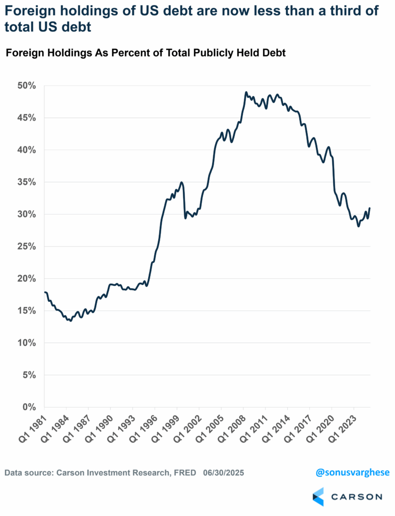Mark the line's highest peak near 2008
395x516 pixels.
point(246,93)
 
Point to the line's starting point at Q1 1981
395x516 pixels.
point(45,292)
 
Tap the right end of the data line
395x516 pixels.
point(370,208)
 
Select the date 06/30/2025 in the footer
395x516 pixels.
point(225,474)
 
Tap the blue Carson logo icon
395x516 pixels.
point(318,496)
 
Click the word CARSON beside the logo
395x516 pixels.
point(356,497)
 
